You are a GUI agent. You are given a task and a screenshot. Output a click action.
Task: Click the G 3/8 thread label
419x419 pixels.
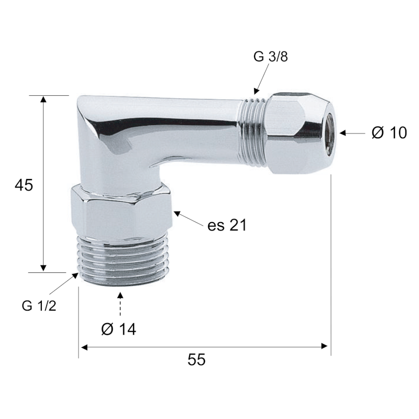point(270,57)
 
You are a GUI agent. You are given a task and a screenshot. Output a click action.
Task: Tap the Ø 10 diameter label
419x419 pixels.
point(389,133)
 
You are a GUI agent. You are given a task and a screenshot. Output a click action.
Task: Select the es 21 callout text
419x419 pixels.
point(227,225)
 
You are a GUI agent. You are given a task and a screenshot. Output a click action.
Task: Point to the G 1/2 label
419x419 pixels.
point(39,306)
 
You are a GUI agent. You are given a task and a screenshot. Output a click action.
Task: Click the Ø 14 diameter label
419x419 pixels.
point(119,329)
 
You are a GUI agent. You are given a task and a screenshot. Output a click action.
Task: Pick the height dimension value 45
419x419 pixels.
point(24,185)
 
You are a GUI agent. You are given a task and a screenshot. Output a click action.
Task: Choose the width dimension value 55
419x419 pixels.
point(196,359)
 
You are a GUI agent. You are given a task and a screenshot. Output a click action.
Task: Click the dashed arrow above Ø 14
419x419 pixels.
point(120,304)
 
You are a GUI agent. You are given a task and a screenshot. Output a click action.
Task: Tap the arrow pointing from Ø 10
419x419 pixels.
point(352,133)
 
